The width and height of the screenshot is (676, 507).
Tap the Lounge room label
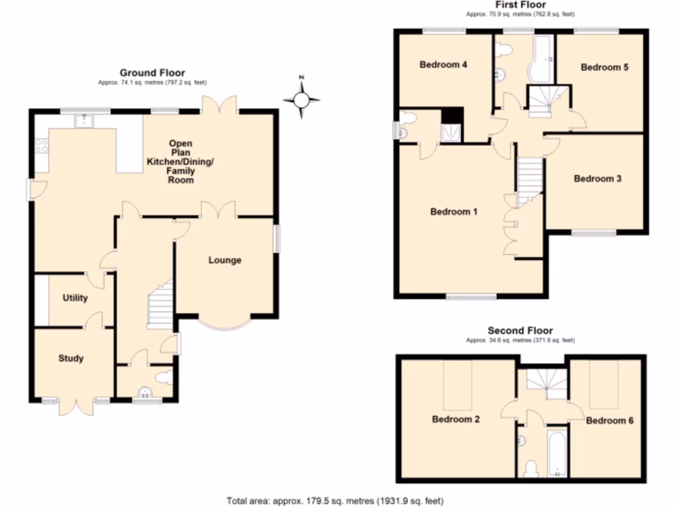(224, 260)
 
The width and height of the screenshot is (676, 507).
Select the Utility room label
(75, 298)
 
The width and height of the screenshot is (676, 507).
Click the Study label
(71, 358)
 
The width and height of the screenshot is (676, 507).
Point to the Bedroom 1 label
(454, 212)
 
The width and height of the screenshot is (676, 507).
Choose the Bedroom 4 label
(444, 65)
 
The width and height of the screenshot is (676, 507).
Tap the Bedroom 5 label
(604, 67)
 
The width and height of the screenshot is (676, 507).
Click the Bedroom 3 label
(597, 178)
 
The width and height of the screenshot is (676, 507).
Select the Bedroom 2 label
(456, 419)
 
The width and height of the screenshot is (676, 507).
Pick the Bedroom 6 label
(609, 421)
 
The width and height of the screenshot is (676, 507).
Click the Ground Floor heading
(152, 73)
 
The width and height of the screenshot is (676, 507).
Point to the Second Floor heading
(520, 331)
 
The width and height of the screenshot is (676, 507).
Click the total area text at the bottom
(340, 500)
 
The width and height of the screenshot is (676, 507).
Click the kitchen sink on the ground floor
(84, 120)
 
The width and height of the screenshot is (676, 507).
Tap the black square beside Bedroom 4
(452, 116)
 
